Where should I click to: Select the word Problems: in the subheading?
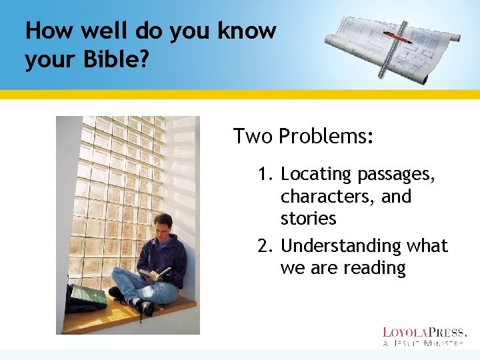pos(326,137)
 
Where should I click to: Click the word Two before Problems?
pos(253,137)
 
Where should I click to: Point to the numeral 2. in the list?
pos(267,246)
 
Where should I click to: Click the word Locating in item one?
pos(316,175)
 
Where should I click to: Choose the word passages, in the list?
pos(397,175)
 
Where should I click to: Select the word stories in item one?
pos(308,219)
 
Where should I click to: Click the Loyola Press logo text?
pos(424,332)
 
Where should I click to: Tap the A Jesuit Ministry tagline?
pos(423,343)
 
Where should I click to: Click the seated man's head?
pos(163,224)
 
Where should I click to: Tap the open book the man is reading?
pos(153,273)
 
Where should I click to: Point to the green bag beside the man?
pos(87,297)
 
